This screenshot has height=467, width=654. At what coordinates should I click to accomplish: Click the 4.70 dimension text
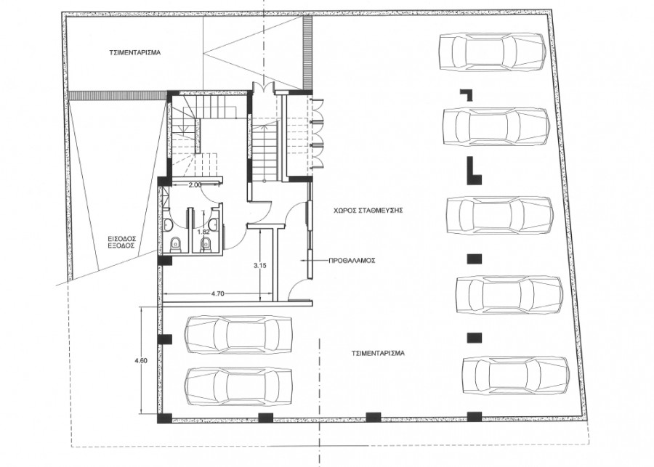(x=218, y=293)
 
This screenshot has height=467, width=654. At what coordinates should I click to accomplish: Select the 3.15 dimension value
(x=259, y=265)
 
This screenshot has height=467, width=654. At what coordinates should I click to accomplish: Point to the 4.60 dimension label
(x=141, y=361)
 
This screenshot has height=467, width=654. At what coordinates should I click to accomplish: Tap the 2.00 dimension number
(x=195, y=184)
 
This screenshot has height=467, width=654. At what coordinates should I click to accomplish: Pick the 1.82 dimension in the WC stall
(x=203, y=232)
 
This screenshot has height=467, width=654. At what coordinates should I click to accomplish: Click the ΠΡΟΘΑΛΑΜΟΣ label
(x=352, y=261)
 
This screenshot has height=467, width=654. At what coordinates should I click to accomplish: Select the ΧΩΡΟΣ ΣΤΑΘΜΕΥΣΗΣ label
(x=368, y=211)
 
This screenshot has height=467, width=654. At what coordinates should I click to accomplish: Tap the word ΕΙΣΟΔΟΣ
(x=123, y=238)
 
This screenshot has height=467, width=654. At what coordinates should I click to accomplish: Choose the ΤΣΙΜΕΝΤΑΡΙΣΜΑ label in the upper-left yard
(x=135, y=53)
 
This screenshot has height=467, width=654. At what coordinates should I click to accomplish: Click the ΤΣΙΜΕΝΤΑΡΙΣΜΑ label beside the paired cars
(x=378, y=353)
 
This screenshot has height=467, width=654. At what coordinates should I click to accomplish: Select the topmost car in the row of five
(x=493, y=52)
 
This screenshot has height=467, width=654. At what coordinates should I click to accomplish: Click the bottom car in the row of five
(x=516, y=375)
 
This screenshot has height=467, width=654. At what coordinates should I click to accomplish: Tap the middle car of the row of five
(x=500, y=215)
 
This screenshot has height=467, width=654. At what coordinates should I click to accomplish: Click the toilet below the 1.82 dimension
(x=206, y=245)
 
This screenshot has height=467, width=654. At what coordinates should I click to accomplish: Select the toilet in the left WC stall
(x=176, y=245)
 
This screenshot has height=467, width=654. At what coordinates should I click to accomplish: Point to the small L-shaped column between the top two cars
(x=467, y=94)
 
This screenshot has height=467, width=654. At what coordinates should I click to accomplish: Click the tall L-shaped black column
(x=473, y=171)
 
